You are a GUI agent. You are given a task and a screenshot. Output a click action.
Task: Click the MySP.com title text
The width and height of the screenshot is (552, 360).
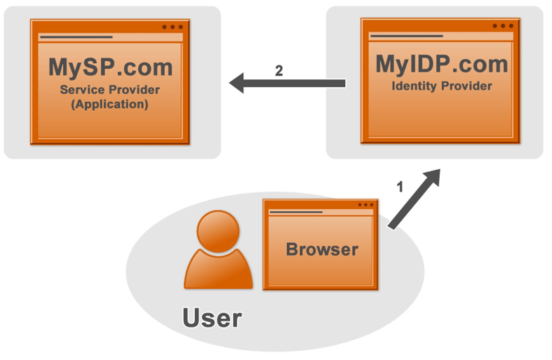110,67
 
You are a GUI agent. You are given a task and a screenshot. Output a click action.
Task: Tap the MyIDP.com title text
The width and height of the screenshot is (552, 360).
441,64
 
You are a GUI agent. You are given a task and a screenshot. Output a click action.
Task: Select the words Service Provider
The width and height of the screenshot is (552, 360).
110,90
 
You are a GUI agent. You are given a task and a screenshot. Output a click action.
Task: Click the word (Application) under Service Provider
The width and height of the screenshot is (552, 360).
110,104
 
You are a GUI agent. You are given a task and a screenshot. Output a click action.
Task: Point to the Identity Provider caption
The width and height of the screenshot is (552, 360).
441,86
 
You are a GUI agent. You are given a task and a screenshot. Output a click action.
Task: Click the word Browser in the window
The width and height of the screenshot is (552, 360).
322,249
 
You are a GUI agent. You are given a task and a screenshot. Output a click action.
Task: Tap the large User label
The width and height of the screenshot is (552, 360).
212,318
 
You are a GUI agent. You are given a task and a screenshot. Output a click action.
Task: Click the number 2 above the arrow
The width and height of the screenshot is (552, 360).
279,71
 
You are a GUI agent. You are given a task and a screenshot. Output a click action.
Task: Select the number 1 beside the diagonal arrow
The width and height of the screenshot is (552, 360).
400,187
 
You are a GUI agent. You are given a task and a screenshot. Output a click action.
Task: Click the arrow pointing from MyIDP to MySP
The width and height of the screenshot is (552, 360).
295,84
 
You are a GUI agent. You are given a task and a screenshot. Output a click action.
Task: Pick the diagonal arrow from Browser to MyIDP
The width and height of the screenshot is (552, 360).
414,199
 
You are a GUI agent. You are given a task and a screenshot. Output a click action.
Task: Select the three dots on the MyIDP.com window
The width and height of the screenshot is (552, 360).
503,26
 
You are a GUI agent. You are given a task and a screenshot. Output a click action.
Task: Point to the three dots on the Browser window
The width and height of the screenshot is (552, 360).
365,205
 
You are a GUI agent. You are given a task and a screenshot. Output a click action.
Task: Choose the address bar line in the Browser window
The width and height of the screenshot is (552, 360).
295,212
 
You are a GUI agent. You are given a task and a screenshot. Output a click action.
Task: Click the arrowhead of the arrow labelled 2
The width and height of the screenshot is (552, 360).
238,84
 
